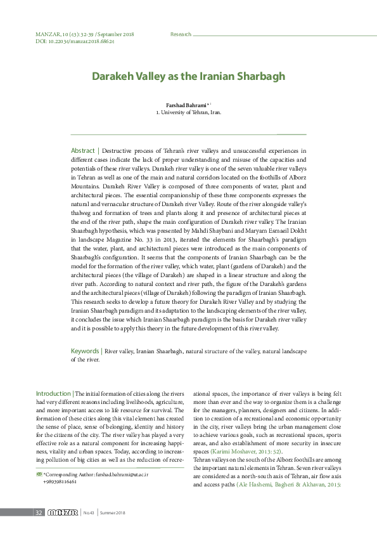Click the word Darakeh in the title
pos(112,77)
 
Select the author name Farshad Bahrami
pos(186,104)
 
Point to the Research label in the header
pos(181,34)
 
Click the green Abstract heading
pos(82,150)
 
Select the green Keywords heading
pos(85,350)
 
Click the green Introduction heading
pos(53,394)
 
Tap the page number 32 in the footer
pos(38,512)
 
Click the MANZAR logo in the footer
pos(62,512)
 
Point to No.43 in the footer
pos(89,512)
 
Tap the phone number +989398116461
pos(60,481)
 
